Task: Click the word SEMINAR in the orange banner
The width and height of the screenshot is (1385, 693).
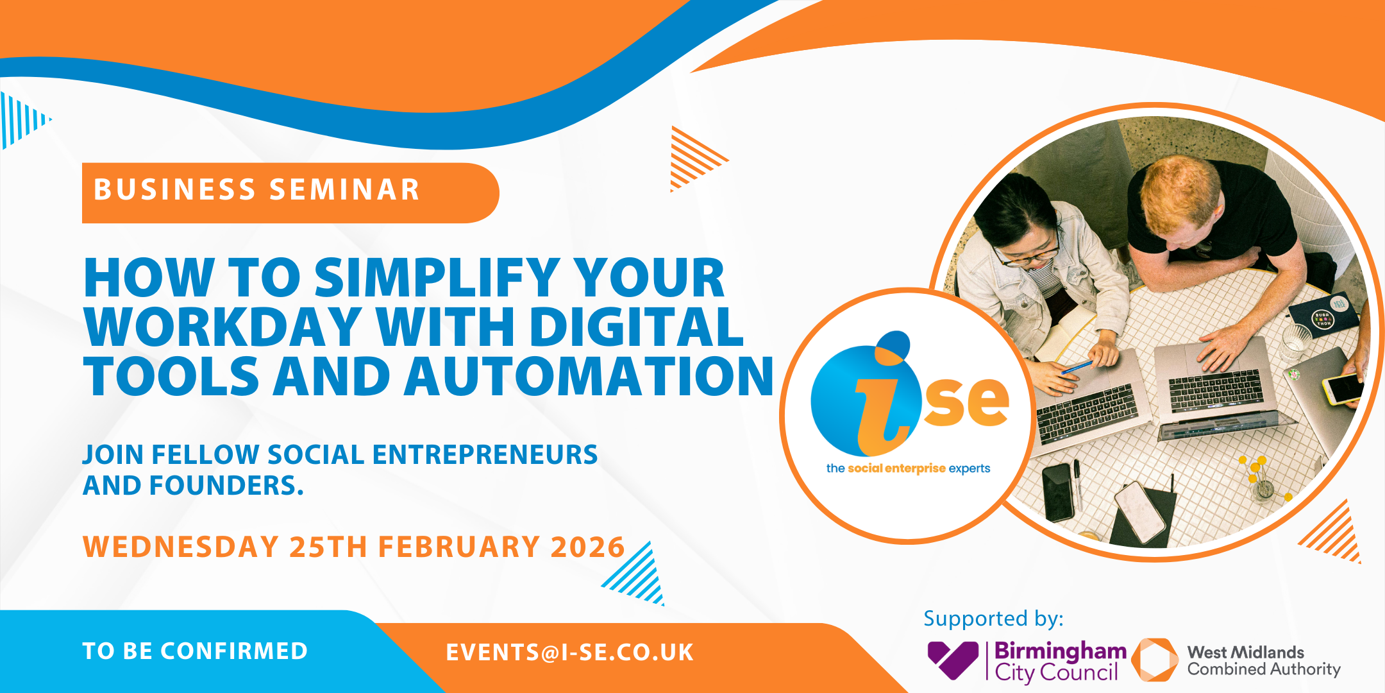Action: [344, 190]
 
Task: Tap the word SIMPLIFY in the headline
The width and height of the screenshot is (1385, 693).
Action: [438, 278]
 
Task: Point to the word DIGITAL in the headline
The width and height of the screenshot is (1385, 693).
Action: [636, 327]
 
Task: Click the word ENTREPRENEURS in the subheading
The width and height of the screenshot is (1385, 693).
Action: [485, 455]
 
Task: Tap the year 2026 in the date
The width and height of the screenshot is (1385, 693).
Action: [587, 547]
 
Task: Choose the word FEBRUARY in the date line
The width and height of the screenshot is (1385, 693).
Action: [458, 547]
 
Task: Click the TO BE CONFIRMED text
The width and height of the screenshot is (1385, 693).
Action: [195, 651]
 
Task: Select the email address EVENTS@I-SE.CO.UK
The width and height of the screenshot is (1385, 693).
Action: [569, 653]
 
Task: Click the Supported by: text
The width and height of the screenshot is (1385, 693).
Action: [993, 619]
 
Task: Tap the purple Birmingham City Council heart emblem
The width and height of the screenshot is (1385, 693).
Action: [953, 660]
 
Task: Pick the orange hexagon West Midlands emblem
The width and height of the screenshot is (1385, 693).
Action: [1155, 660]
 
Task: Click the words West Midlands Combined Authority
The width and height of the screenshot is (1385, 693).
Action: [1264, 661]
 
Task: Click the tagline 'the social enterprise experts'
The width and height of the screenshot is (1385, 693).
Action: [908, 468]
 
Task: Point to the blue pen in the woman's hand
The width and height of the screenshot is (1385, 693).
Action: [1077, 367]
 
